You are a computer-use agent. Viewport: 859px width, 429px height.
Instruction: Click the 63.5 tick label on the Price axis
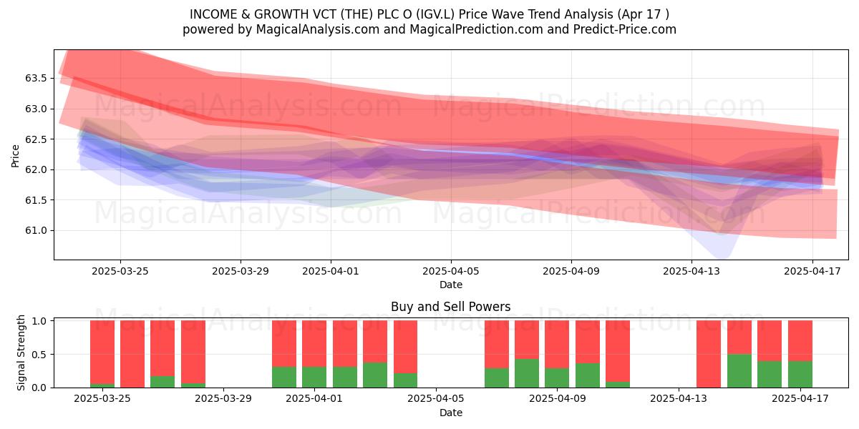[x=36, y=79]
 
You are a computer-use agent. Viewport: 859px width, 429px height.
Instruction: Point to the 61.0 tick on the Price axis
[x=36, y=230]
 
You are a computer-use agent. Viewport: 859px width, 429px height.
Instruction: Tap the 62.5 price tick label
[x=36, y=139]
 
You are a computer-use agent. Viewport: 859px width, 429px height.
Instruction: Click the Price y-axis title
[x=15, y=156]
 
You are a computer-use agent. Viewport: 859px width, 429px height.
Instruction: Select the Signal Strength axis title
[x=21, y=352]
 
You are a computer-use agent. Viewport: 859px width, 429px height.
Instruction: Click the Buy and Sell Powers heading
[x=450, y=307]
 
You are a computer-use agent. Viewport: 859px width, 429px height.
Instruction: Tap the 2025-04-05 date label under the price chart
[x=450, y=271]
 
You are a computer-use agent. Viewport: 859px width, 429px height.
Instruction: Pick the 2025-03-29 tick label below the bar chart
[x=223, y=399]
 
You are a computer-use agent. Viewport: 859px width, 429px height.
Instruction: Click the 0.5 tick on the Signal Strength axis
[x=40, y=355]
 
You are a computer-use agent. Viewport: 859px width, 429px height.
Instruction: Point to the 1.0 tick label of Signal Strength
[x=40, y=321]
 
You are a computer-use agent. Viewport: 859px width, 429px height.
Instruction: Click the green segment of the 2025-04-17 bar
[x=800, y=374]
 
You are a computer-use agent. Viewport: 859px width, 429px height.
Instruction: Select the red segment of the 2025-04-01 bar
[x=314, y=344]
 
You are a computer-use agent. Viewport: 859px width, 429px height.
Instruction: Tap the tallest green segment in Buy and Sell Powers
[x=739, y=371]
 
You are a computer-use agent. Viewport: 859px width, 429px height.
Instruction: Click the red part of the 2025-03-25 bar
[x=102, y=352]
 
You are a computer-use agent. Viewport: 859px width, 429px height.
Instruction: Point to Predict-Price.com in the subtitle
[x=625, y=29]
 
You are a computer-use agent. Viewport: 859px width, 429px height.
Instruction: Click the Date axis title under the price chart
[x=450, y=285]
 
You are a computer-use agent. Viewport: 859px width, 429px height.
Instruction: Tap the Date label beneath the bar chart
[x=450, y=413]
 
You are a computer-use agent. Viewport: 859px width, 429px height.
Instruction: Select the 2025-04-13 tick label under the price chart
[x=691, y=271]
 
